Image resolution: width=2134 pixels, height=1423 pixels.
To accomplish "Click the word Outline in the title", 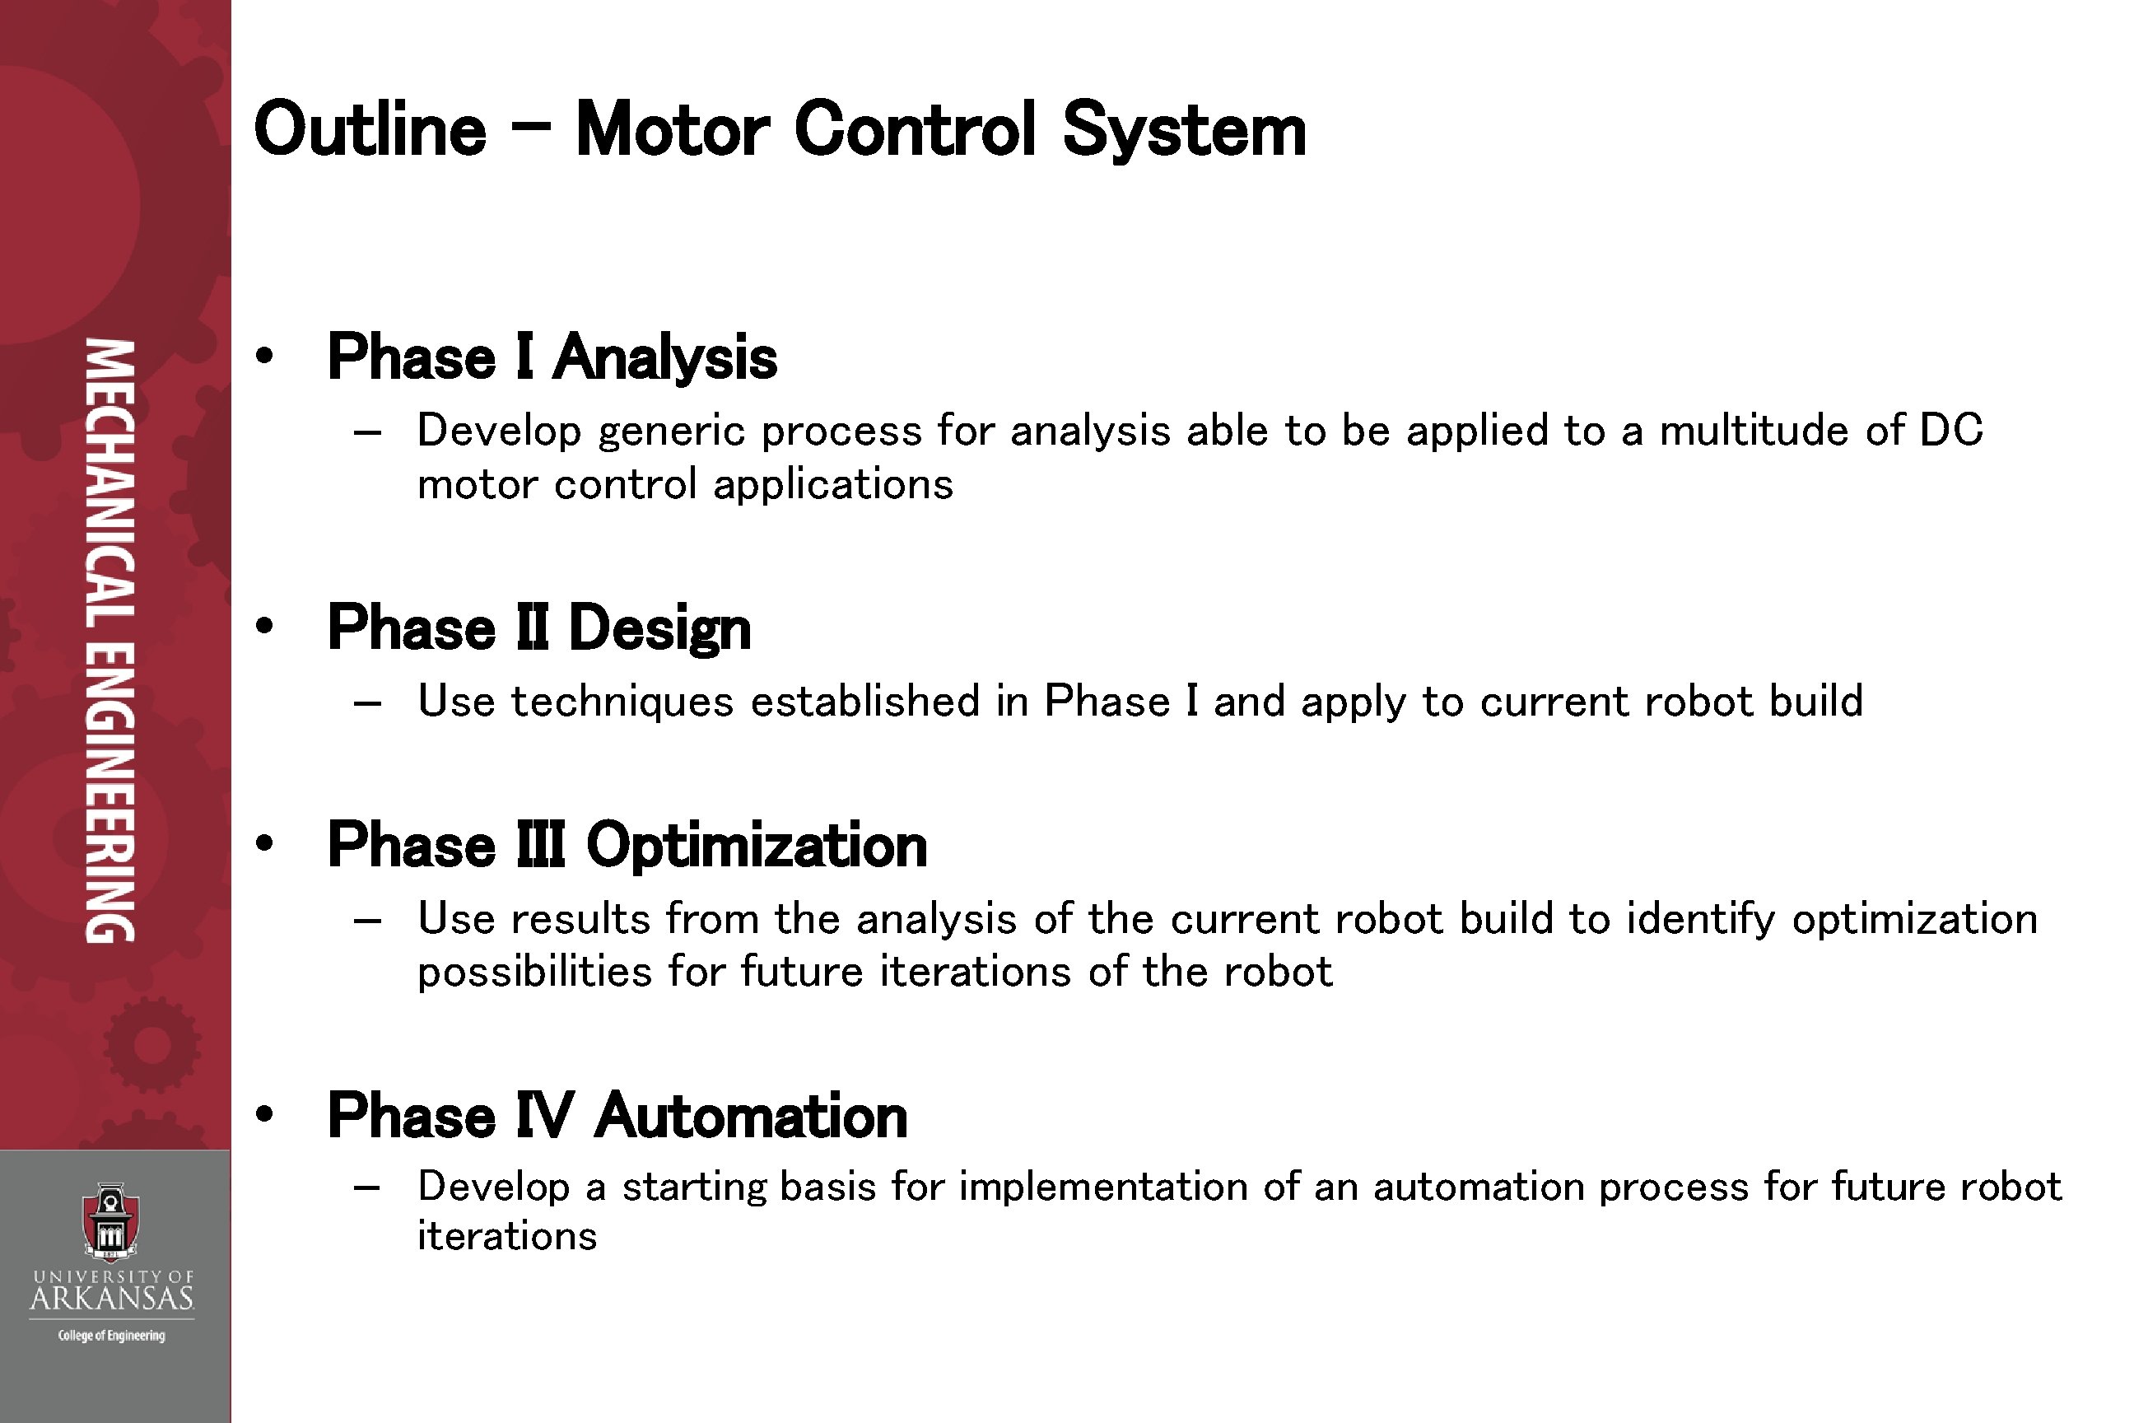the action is click(370, 130).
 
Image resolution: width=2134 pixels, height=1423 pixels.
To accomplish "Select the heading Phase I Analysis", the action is click(552, 357).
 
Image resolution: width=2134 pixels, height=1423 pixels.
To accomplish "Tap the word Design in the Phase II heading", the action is click(659, 628).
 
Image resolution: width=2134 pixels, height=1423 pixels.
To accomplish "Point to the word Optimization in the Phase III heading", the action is click(757, 846).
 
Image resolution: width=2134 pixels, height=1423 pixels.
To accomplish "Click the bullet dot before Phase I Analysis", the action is click(264, 356).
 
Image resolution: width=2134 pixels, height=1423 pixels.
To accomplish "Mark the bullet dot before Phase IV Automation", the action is click(264, 1114).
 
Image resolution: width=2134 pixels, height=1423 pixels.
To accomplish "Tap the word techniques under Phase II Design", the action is click(622, 702).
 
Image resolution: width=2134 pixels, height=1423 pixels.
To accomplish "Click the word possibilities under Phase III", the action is click(534, 972).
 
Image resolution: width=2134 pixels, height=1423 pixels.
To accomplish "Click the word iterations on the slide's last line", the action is click(507, 1236).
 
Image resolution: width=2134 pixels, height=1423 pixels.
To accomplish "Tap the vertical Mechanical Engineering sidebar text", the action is click(110, 640).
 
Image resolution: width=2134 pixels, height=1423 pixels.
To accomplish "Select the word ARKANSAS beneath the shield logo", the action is click(112, 1299).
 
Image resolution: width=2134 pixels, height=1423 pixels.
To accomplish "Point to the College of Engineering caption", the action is click(112, 1336).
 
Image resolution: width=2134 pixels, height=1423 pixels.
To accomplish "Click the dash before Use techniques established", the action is click(366, 703).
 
